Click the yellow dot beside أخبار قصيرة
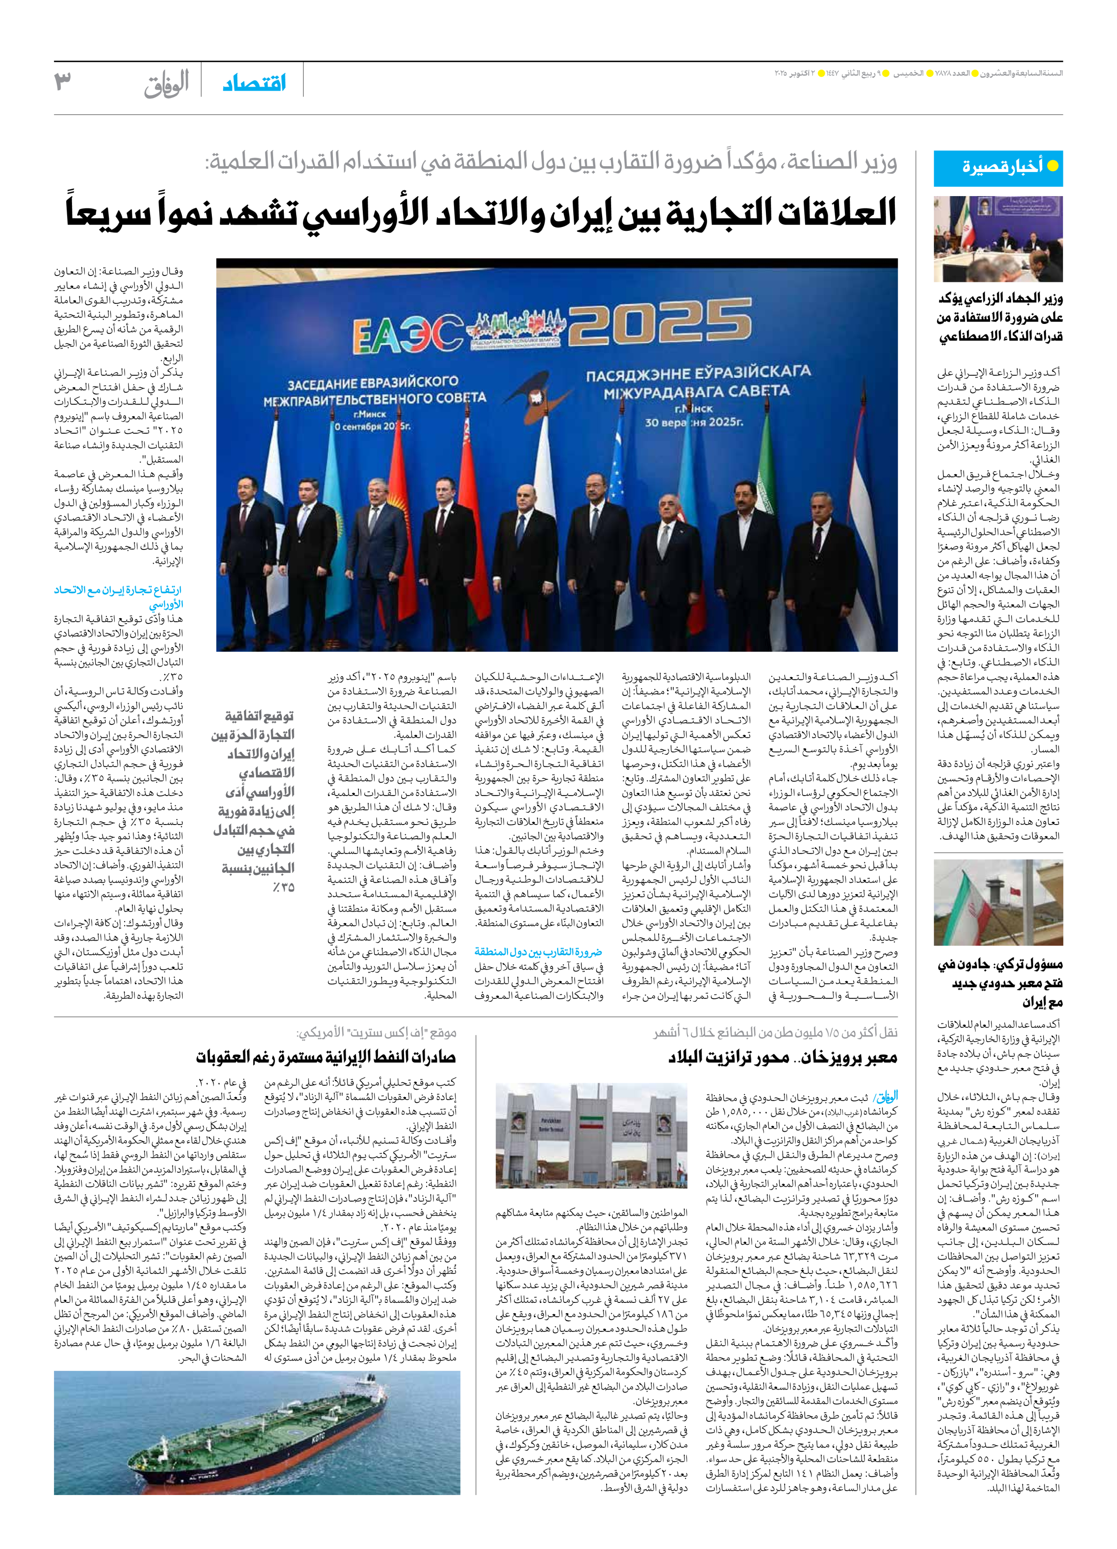1053,166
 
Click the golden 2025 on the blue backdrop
659,323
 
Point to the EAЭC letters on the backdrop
408,334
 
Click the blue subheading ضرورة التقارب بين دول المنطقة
538,951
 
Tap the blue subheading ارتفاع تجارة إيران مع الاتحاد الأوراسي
118,596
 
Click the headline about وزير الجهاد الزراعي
999,317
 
